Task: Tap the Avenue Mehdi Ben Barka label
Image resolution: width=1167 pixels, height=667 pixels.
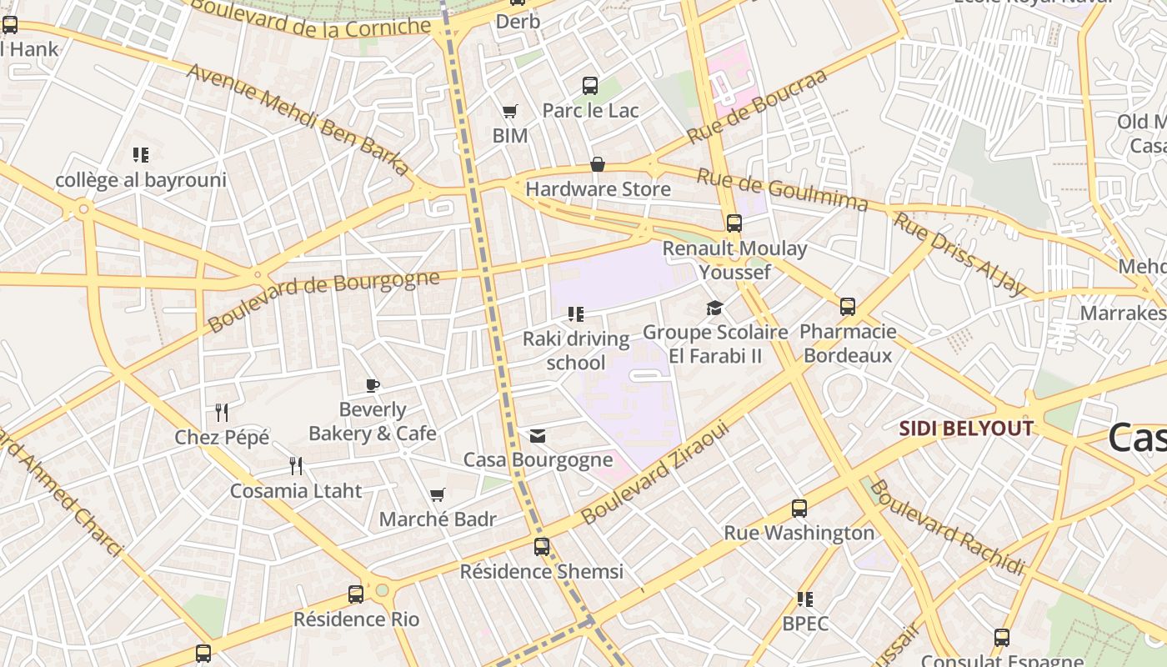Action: (298, 118)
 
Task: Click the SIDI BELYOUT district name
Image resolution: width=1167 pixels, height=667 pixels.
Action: (966, 429)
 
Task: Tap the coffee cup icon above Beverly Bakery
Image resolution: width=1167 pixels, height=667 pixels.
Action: (373, 385)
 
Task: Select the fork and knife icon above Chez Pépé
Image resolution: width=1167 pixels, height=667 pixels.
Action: (222, 412)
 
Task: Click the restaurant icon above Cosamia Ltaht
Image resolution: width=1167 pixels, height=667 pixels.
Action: (296, 465)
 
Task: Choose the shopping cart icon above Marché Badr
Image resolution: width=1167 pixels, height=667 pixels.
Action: (438, 494)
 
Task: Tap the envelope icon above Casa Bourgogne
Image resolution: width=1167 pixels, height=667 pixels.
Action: (538, 436)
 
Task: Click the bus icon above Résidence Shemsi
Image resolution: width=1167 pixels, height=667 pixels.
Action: (542, 547)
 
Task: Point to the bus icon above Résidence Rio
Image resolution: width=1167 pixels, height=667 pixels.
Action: (356, 594)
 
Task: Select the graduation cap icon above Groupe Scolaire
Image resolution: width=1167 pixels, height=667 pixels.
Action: (714, 308)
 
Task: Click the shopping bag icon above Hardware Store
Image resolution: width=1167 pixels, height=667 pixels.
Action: (598, 164)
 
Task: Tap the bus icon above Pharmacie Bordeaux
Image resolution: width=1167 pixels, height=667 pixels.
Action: (848, 307)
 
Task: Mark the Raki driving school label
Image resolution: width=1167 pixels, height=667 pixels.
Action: (576, 350)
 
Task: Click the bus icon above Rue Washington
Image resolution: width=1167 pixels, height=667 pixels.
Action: (799, 508)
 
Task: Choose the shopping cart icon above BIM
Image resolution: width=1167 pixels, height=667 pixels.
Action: (509, 111)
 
